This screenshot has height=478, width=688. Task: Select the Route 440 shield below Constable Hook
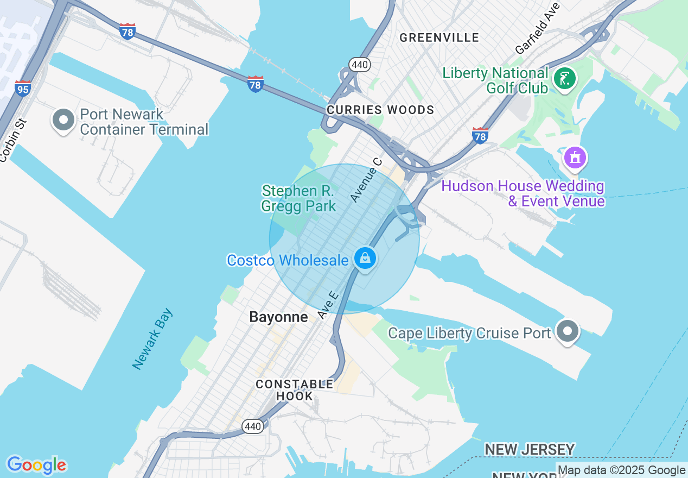253,426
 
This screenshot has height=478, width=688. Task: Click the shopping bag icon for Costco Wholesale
366,258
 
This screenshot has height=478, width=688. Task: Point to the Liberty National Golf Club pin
564,79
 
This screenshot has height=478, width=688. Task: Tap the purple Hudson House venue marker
575,158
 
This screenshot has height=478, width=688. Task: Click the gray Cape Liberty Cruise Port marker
568,331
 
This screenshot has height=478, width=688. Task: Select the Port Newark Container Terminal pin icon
63,120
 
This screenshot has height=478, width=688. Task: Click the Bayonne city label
278,317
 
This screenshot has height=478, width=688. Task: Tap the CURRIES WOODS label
380,110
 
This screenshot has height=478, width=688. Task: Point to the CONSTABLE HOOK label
295,390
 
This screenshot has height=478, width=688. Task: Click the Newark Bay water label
152,339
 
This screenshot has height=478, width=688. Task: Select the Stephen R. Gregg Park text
298,198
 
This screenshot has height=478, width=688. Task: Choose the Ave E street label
328,305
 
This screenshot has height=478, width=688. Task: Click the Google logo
36,465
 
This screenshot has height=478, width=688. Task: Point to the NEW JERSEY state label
529,449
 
